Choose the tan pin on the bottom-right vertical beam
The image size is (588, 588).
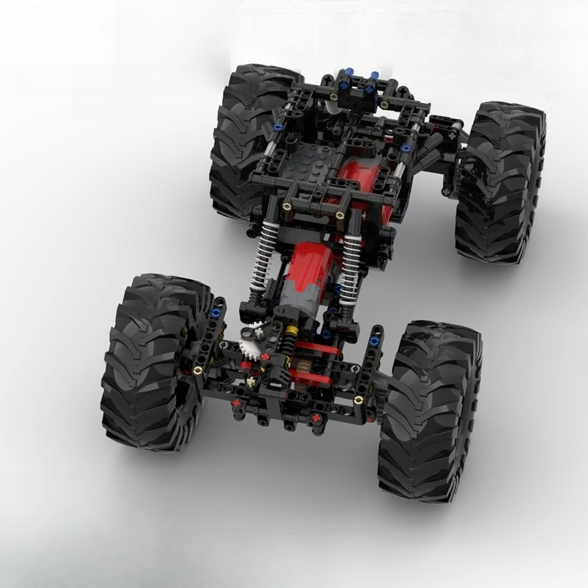[358, 397]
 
